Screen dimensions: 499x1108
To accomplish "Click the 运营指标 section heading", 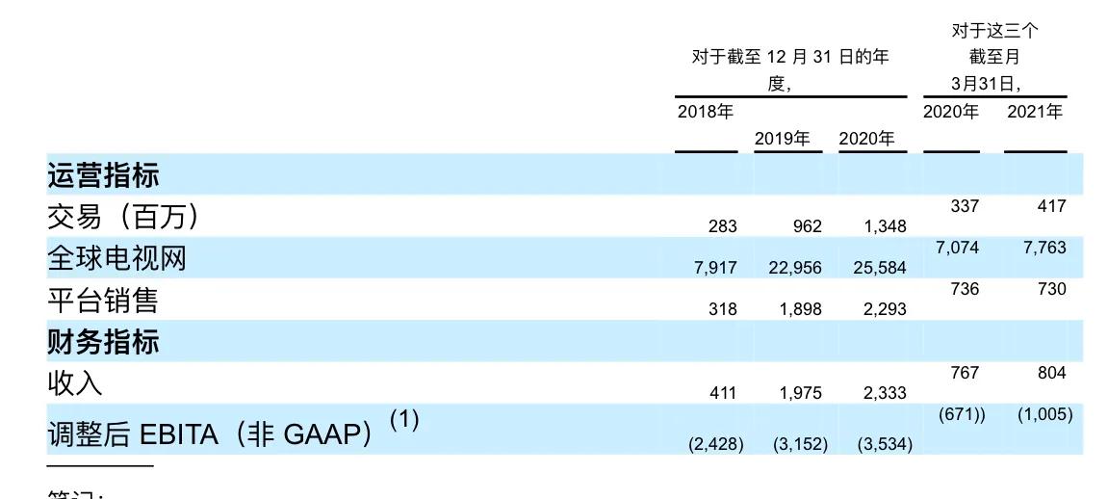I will coord(103,175).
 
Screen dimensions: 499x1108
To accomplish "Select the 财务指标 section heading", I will coord(103,342).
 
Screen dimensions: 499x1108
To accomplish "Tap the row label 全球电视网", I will coord(116,258).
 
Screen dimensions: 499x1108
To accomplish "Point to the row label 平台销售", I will coord(102,301).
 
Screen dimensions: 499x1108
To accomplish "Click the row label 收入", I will coord(74,383).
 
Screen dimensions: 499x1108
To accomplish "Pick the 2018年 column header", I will coord(705,112).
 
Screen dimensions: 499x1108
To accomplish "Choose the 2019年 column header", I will coord(782,139).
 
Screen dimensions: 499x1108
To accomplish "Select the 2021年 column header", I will coord(1035,112).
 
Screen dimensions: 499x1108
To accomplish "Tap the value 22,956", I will coord(795,268).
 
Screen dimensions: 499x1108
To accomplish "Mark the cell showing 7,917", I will coord(715,268).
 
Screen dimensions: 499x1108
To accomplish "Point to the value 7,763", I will coord(1045,248).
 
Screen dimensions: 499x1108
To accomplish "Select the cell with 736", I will coord(965,289).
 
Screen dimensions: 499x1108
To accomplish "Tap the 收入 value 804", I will coord(1051,373).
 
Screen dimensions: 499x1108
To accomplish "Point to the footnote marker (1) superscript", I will coord(404,419).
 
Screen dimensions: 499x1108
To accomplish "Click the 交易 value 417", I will coord(1051,205).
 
